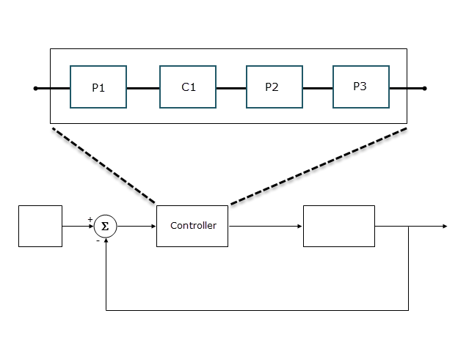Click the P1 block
98,87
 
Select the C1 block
188,87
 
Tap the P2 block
272,87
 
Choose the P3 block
360,87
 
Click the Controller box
192,226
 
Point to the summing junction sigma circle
105,227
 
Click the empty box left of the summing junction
40,226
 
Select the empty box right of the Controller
338,226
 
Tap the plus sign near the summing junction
90,218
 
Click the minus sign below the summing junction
98,240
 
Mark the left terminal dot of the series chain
35,88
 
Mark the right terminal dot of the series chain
425,88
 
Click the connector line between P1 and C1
143,88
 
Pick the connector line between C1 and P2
231,88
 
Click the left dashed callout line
103,166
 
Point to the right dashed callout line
319,166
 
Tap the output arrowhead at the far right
444,227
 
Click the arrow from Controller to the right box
265,227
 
